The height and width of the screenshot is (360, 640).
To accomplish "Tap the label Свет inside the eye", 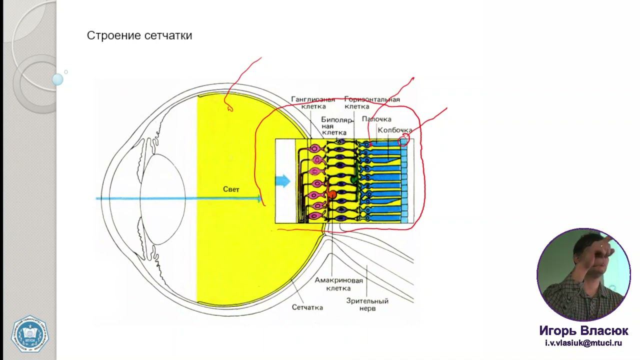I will pyautogui.click(x=231, y=189).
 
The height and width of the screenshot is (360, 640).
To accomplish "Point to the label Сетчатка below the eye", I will pyautogui.click(x=307, y=307).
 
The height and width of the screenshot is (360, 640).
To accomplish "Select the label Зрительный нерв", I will pyautogui.click(x=367, y=304).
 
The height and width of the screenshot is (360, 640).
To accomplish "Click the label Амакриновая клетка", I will pyautogui.click(x=338, y=284).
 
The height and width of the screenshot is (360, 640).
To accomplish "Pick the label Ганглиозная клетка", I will pyautogui.click(x=313, y=102).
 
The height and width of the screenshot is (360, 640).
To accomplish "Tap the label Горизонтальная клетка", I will pyautogui.click(x=372, y=102).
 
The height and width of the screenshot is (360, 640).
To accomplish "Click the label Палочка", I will pyautogui.click(x=376, y=119).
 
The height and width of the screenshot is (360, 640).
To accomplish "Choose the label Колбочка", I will pyautogui.click(x=395, y=130).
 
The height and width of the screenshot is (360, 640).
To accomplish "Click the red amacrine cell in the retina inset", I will pyautogui.click(x=331, y=194).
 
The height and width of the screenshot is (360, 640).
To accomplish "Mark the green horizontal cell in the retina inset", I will pyautogui.click(x=354, y=178).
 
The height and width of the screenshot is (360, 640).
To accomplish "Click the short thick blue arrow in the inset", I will pyautogui.click(x=283, y=181).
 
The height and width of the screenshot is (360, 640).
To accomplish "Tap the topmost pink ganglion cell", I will pyautogui.click(x=315, y=148).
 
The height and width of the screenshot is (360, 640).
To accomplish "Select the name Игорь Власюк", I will pyautogui.click(x=583, y=331).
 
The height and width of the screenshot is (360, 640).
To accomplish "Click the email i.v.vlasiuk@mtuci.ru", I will pyautogui.click(x=583, y=343).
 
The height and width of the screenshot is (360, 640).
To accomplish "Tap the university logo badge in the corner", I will pyautogui.click(x=29, y=333).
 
